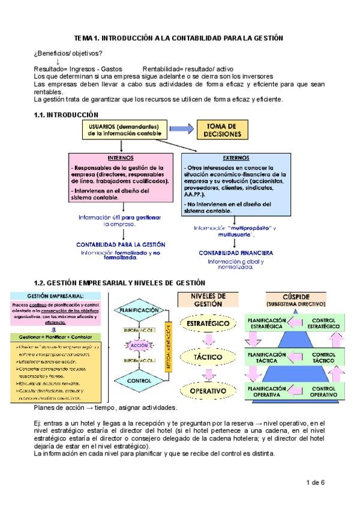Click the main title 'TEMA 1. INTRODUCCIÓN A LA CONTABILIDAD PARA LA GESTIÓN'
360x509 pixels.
coord(182,38)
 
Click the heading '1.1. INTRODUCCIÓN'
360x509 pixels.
coord(67,114)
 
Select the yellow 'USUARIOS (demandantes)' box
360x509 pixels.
coord(122,130)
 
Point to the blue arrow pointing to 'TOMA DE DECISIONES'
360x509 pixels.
coord(182,130)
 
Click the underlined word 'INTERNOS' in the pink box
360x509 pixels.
coord(121,158)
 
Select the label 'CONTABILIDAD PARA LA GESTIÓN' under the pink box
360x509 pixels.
coord(121,244)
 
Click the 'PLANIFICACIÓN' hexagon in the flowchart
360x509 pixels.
coord(139,310)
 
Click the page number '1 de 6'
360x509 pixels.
coord(315,482)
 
